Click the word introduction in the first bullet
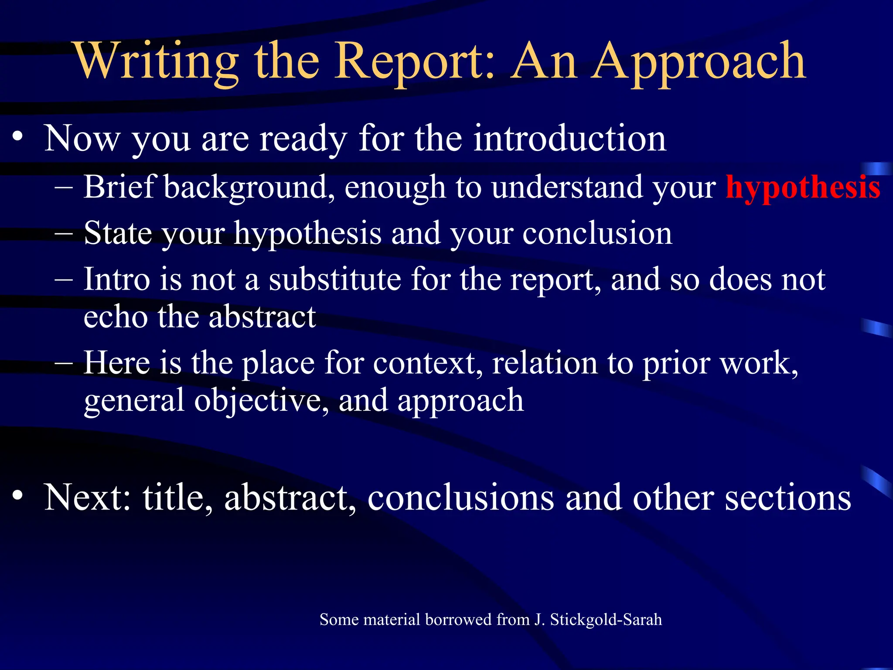569,139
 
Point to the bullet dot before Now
17,137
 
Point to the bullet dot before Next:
17,496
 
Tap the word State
117,234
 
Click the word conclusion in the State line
597,234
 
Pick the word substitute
335,280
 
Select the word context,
428,363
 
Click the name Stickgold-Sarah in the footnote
606,620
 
